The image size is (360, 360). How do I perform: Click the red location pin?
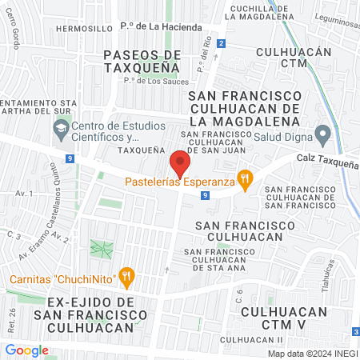point(179,165)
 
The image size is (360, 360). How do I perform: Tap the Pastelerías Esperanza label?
point(179,182)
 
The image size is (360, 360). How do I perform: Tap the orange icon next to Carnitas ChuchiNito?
point(126,278)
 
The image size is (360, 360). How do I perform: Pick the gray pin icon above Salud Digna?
point(322,133)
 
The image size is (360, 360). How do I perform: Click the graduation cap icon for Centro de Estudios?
point(61,127)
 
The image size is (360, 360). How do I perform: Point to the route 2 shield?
point(222,44)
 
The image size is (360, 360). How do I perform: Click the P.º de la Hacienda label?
point(161,27)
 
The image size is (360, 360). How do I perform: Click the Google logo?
point(26,350)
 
